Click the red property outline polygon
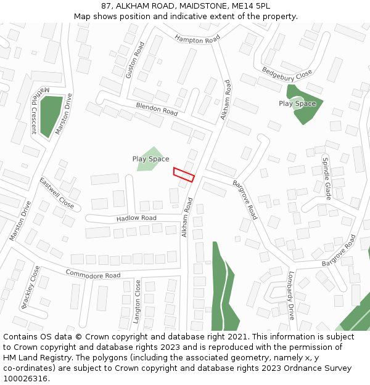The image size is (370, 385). click(x=184, y=174)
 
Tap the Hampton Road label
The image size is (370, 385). click(x=197, y=39)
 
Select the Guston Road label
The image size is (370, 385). click(x=134, y=60)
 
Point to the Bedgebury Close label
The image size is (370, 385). click(x=287, y=73)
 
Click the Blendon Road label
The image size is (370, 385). click(x=157, y=109)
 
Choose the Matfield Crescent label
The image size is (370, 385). click(x=30, y=110)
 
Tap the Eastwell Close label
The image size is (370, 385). click(x=57, y=193)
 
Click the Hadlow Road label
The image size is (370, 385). click(x=136, y=218)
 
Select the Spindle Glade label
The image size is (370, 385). click(x=327, y=179)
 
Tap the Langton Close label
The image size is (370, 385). click(x=137, y=302)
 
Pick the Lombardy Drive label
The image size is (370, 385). click(x=290, y=296)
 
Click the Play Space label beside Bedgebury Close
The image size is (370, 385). click(x=297, y=103)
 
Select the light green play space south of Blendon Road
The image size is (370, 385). click(x=150, y=159)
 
